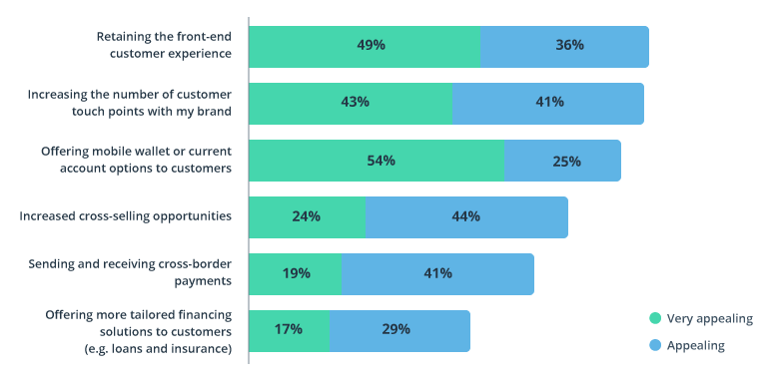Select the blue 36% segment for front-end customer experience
(x=565, y=46)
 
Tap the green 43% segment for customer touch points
(x=351, y=103)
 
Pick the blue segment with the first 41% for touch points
(x=548, y=103)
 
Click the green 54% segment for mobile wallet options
(x=377, y=161)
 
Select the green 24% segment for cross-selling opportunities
(x=307, y=216)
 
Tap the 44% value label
(x=465, y=216)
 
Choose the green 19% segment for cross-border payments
(x=295, y=273)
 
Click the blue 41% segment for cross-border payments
(x=437, y=273)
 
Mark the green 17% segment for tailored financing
(x=289, y=330)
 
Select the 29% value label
(x=394, y=330)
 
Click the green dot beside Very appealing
(x=655, y=319)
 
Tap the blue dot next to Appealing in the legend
(x=655, y=345)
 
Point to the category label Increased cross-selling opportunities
(x=126, y=216)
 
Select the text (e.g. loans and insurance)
(x=160, y=348)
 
